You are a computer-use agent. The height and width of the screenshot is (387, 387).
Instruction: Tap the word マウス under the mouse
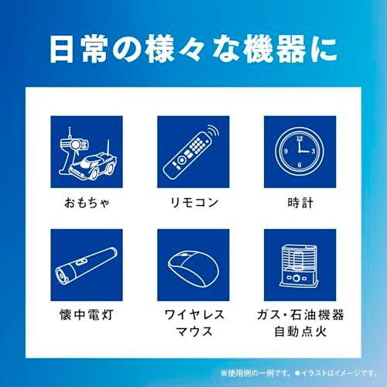coord(193,336)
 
